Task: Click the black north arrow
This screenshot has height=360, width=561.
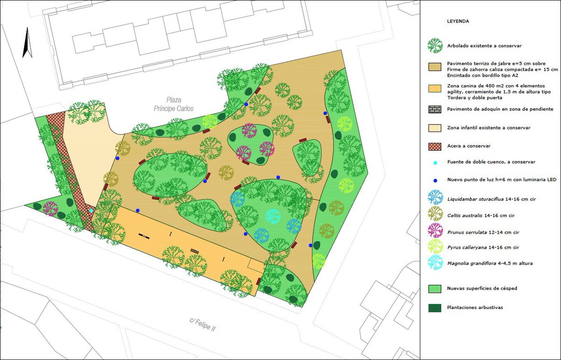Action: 28,43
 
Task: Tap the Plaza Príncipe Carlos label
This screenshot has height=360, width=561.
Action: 173,104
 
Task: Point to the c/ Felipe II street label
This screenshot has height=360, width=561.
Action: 202,324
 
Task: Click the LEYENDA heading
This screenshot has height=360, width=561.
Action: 458,21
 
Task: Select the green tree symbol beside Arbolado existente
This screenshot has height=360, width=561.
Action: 435,46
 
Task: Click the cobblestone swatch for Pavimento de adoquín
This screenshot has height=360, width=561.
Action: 435,109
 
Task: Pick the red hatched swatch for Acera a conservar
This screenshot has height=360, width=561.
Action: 435,145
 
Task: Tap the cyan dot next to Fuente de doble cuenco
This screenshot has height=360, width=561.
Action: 435,162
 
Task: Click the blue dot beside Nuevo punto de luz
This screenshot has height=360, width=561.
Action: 435,180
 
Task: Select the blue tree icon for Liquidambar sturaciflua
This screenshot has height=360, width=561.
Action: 435,197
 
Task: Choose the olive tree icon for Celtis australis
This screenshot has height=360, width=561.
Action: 435,214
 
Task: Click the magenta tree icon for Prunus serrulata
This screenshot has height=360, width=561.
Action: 435,230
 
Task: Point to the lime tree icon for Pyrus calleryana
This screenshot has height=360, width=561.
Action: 435,246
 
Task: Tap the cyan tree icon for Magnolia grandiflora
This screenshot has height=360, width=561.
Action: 435,262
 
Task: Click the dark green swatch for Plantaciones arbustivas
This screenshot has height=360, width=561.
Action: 435,307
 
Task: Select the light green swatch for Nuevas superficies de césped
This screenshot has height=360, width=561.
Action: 435,288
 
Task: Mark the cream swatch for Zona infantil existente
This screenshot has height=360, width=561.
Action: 435,128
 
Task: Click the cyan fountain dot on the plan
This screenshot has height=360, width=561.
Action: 91,210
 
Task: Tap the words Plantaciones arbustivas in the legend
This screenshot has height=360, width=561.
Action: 474,307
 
